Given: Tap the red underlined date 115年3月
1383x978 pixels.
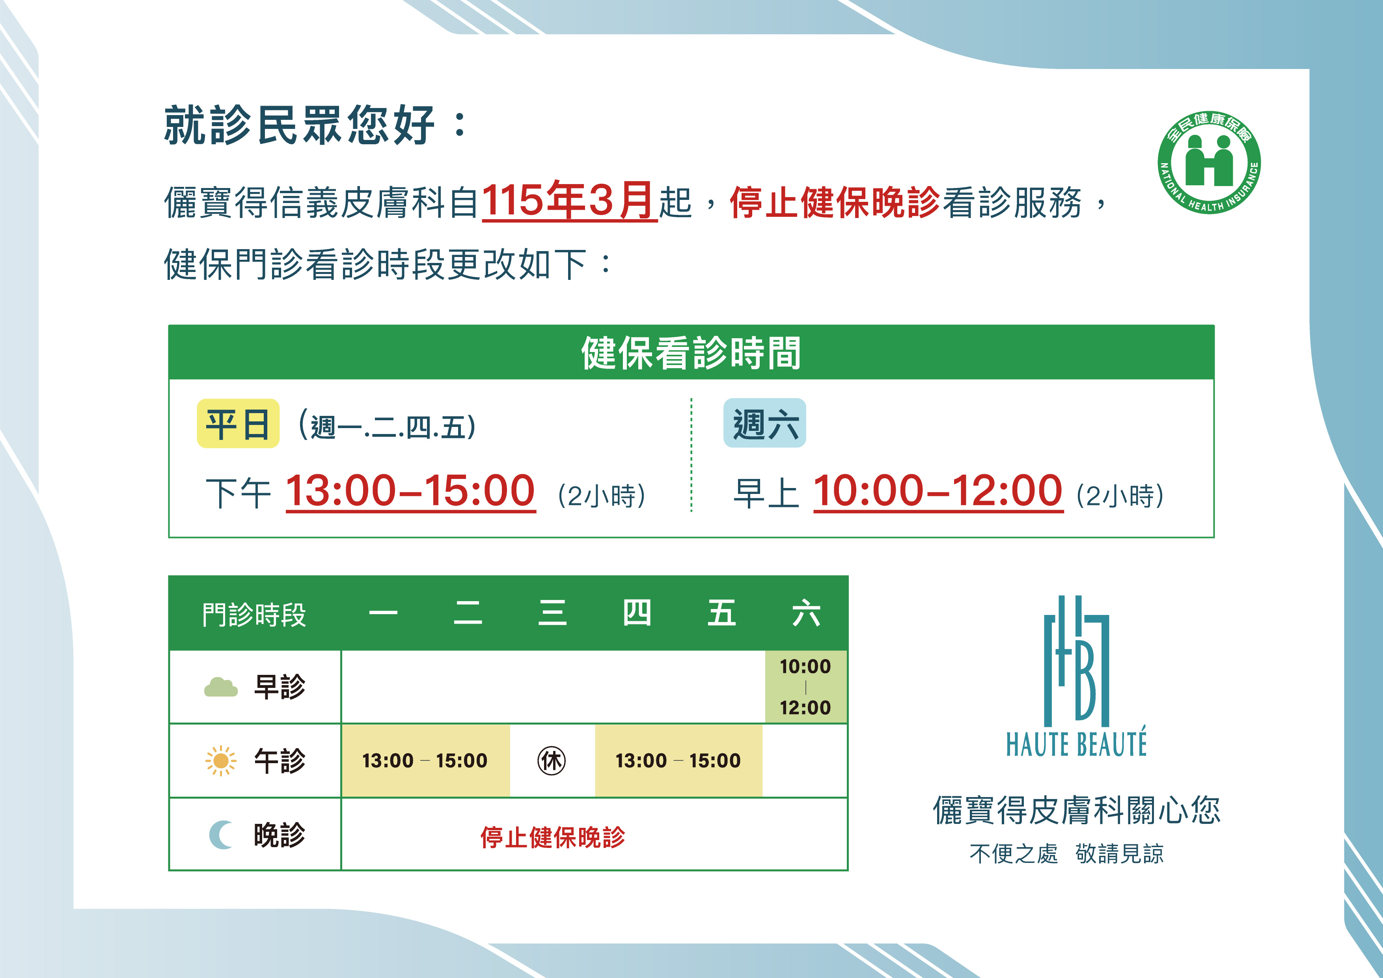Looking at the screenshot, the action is (x=569, y=201).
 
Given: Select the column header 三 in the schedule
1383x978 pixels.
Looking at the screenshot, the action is (x=552, y=613).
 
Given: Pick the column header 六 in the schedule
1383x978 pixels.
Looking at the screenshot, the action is (x=806, y=613).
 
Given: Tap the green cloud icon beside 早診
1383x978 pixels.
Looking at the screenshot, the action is (x=221, y=687).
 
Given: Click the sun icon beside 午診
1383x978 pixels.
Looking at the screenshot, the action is (x=221, y=761).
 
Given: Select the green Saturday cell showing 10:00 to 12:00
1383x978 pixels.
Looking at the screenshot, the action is (x=805, y=687).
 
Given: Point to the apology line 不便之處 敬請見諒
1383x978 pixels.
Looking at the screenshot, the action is (x=1066, y=853).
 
